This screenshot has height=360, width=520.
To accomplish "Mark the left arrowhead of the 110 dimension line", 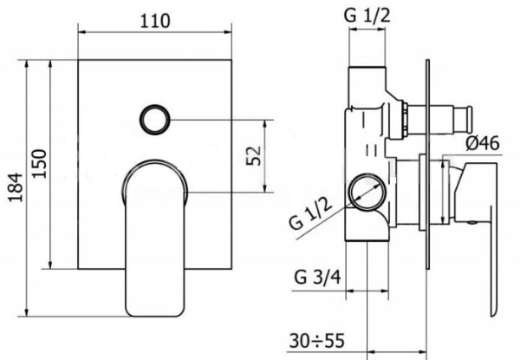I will [x=83, y=36].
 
